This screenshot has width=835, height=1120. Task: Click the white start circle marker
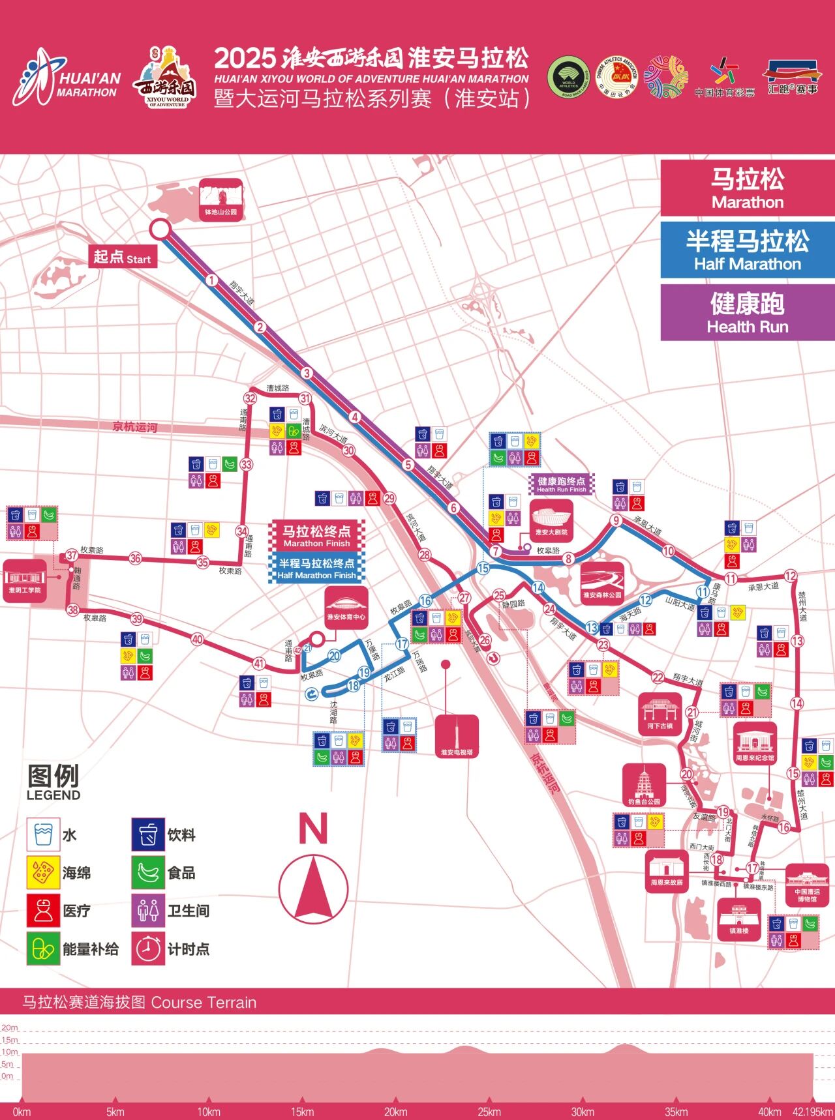pos(160,229)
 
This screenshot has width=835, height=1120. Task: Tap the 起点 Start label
pos(123,258)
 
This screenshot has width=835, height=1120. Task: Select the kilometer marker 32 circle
pos(250,398)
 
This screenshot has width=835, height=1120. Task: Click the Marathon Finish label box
pos(316,535)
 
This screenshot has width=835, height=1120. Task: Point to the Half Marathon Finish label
pos(316,568)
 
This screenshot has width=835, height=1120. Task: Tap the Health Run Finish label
pos(561,484)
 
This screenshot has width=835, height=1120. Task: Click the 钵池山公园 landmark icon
pos(220,199)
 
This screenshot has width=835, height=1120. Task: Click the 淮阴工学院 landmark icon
pos(24,580)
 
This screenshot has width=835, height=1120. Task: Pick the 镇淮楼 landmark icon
pos(738,919)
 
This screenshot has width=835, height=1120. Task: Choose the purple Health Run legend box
pos(748,312)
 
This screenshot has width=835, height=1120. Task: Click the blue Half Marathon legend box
pos(748,250)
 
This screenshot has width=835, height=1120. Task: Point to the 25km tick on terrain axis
pos(489,1112)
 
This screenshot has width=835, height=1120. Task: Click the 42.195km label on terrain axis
pos(813,1112)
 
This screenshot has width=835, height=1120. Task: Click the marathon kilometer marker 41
pos(259,664)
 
